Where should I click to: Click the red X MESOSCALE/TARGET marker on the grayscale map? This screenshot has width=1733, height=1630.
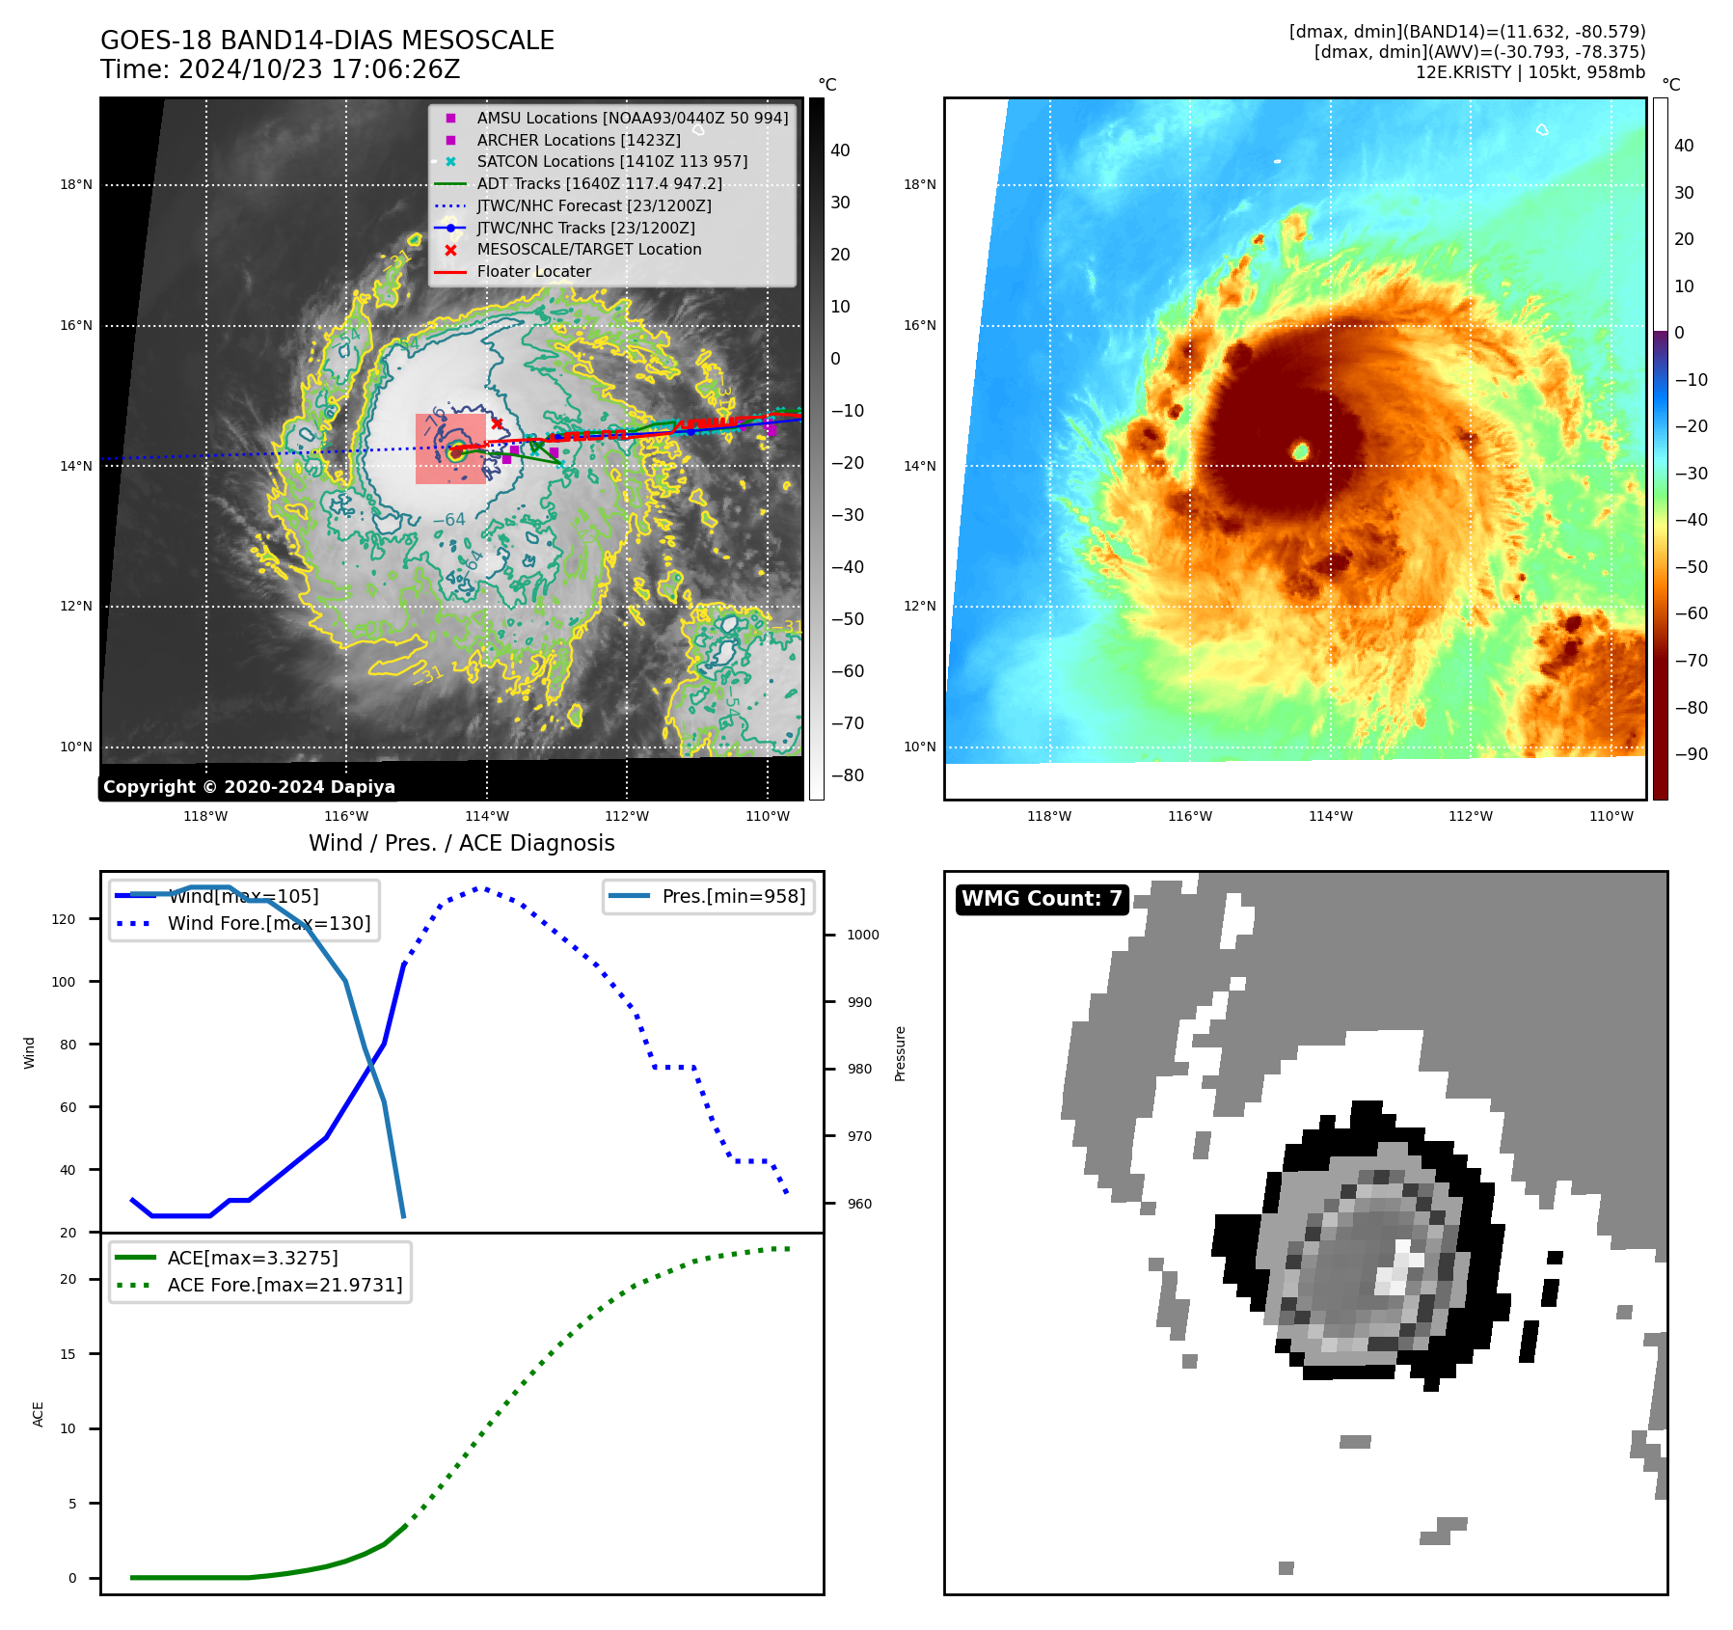point(497,423)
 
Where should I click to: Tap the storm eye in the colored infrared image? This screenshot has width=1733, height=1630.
point(1300,450)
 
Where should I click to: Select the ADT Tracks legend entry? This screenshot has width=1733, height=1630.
point(599,183)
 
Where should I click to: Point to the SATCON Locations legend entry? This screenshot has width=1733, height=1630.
point(611,161)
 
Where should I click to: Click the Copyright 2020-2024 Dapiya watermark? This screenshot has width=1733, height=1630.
point(249,787)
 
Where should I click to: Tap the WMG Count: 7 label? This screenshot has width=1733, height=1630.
point(1042,899)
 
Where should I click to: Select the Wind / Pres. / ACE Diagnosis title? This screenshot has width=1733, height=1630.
point(461,843)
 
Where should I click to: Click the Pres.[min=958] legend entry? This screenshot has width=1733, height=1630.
point(733,896)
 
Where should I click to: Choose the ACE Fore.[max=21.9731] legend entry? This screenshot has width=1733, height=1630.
point(284,1285)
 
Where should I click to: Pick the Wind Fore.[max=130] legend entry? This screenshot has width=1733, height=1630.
point(268,923)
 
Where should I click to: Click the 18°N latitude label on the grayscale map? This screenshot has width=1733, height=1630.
point(76,184)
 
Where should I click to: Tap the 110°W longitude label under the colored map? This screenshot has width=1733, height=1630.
point(1611,816)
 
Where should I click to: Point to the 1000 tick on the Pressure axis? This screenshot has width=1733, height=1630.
point(862,935)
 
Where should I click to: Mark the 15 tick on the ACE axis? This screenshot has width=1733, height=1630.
point(68,1354)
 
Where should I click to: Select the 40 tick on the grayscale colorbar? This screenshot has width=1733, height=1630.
point(840,150)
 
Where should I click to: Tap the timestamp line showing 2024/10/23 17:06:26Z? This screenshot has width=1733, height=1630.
point(281,69)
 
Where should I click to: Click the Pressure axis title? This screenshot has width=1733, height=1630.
point(900,1053)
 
